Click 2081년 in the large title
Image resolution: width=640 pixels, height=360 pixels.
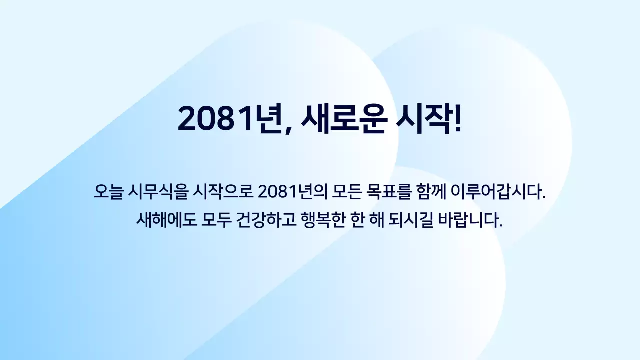pyautogui.click(x=228, y=119)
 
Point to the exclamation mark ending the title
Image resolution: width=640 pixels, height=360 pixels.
pyautogui.click(x=455, y=119)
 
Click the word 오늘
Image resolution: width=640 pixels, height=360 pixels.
pyautogui.click(x=108, y=191)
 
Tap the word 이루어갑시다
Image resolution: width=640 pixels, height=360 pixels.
pyautogui.click(x=498, y=191)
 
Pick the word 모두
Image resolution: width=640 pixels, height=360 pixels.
pyautogui.click(x=216, y=220)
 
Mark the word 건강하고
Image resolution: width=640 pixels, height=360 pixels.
pyautogui.click(x=267, y=220)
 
